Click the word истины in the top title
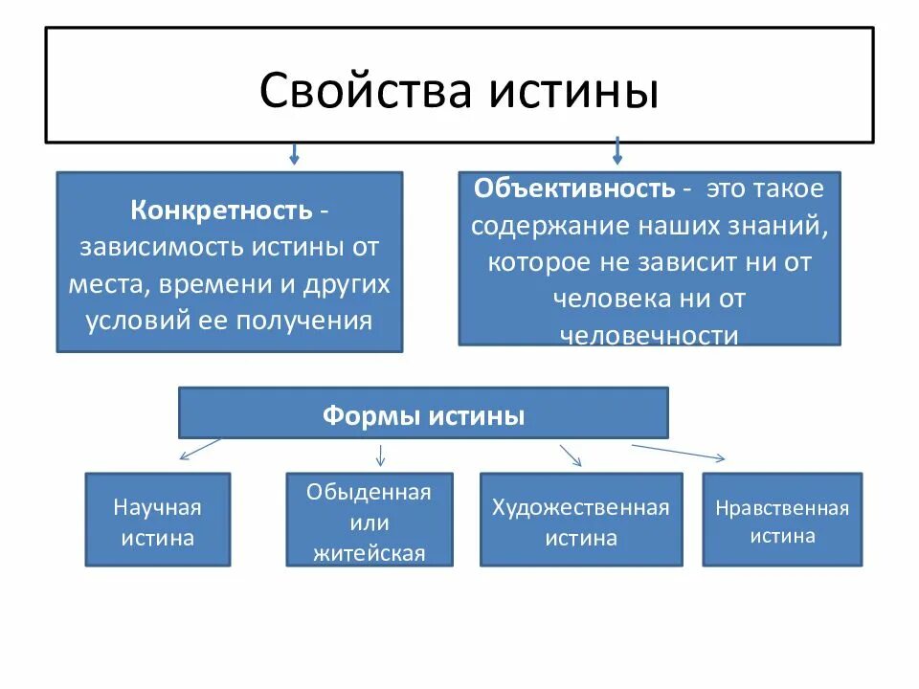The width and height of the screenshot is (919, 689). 573,91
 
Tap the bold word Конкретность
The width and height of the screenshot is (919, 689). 221,210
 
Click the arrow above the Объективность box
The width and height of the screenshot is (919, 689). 617,150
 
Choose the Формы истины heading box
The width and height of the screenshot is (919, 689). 423,413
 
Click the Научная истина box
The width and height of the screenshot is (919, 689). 158,520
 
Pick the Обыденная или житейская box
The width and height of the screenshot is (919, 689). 369,520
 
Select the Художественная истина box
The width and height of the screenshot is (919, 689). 580,520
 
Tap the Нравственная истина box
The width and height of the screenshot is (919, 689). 782,520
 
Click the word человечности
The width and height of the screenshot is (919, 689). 648,336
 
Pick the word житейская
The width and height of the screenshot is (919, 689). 369,553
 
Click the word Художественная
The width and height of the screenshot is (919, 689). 580,507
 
